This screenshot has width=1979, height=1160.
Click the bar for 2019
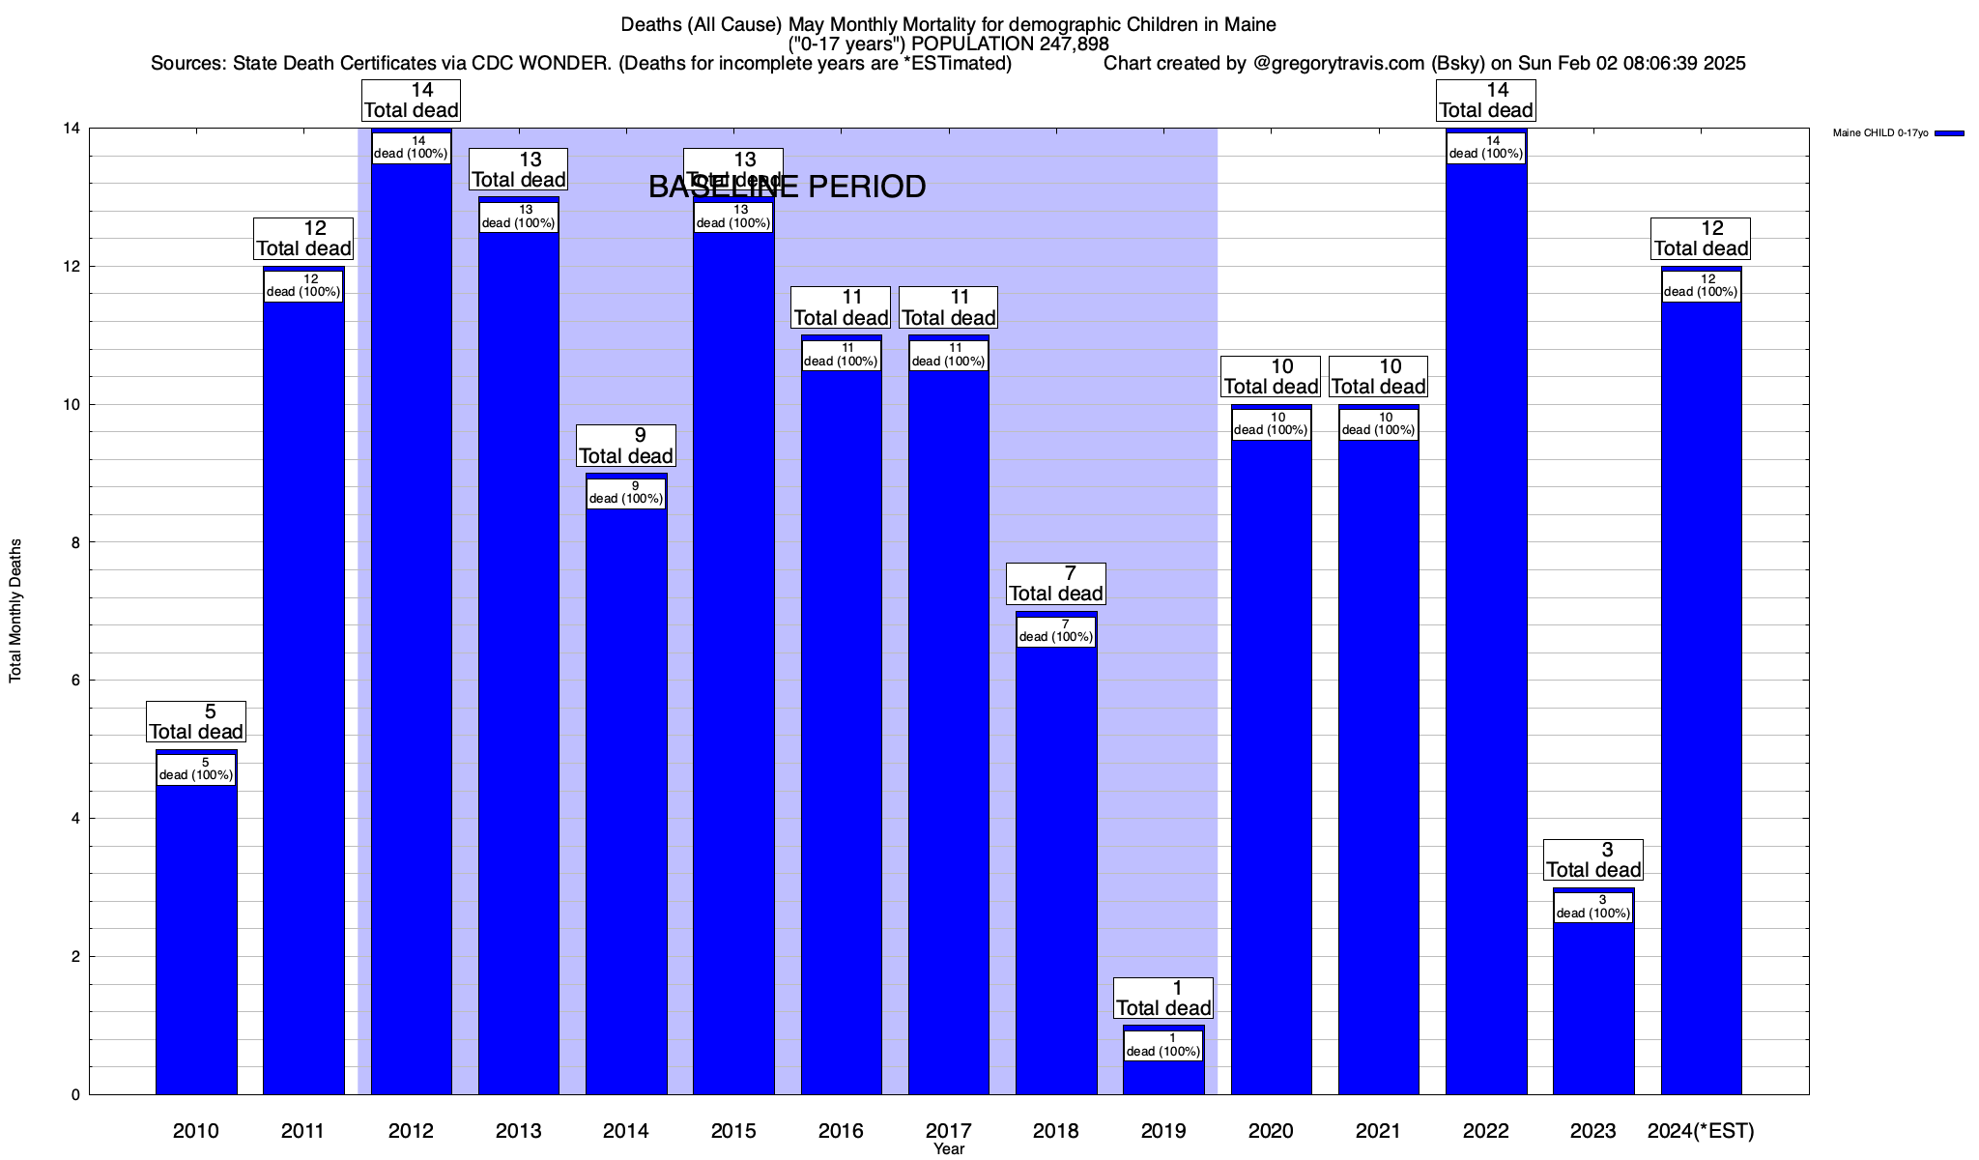coord(1163,1073)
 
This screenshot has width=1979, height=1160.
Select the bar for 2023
coord(1593,1005)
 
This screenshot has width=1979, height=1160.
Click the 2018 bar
coord(1056,870)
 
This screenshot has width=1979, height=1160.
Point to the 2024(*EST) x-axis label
coord(1701,1130)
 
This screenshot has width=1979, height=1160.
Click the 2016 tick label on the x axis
coord(841,1130)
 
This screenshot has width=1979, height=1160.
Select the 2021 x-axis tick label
coord(1378,1130)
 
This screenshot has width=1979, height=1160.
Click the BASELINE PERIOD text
coord(787,187)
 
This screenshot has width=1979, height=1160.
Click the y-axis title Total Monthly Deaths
coord(15,611)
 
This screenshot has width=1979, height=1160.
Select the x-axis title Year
coord(949,1149)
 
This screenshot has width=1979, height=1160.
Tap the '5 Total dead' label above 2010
coord(196,722)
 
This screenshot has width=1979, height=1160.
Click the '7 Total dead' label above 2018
coord(1056,584)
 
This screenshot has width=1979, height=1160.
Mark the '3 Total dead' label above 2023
coord(1593,860)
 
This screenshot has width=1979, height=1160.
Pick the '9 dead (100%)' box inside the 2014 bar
coord(626,493)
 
